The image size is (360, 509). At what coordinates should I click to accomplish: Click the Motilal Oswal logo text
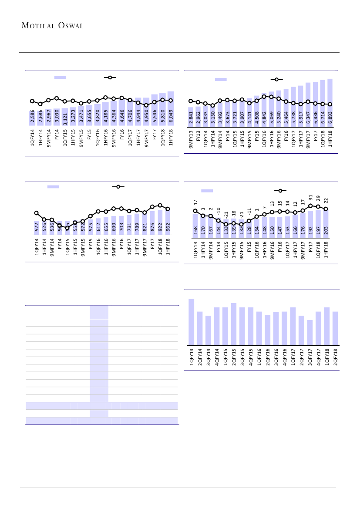pyautogui.click(x=53, y=25)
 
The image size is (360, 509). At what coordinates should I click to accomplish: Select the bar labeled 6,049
pyautogui.click(x=171, y=109)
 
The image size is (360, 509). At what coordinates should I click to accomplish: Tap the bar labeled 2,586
pyautogui.click(x=32, y=118)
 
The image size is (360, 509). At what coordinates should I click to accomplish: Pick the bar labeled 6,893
pyautogui.click(x=330, y=103)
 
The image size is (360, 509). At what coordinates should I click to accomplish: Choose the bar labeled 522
pyautogui.click(x=37, y=228)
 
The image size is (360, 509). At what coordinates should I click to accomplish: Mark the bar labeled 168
pyautogui.click(x=195, y=226)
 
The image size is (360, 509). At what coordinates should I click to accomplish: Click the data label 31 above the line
pyautogui.click(x=310, y=198)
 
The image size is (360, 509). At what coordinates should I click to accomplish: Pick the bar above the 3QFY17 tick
pyautogui.click(x=310, y=333)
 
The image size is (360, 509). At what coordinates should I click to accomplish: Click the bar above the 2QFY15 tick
pyautogui.click(x=234, y=324)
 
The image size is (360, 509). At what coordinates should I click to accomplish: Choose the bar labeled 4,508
pyautogui.click(x=256, y=111)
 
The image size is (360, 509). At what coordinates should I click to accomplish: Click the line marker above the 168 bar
pyautogui.click(x=195, y=211)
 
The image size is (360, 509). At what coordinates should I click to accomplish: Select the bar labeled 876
pyautogui.click(x=152, y=223)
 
